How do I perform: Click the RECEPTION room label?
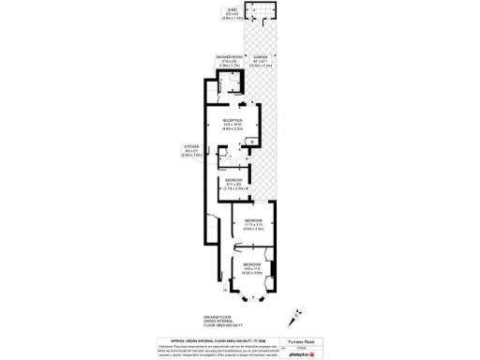tap(232, 123)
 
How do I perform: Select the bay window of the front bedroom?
tap(252, 298)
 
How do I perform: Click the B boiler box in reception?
tap(251, 142)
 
